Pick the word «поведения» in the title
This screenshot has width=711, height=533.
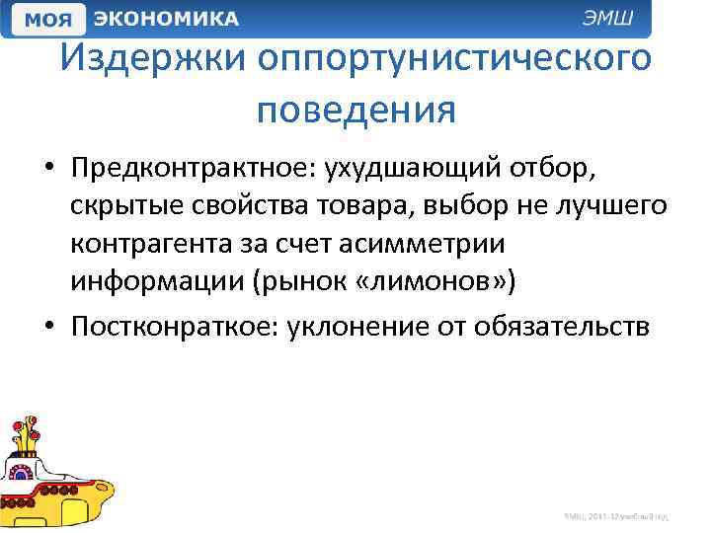355,110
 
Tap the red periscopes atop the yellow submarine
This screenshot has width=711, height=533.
26,431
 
